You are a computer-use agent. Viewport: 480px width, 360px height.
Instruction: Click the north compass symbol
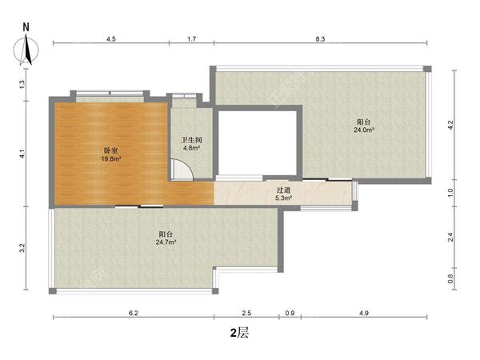point(26,50)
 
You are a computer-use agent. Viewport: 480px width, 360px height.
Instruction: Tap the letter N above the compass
point(26,27)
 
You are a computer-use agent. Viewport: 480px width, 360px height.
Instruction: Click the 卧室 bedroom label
point(111,150)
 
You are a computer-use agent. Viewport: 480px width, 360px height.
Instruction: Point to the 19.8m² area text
point(111,158)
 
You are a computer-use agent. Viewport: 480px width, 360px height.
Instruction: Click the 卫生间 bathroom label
point(192,140)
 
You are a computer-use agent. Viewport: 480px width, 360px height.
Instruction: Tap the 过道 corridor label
point(283,190)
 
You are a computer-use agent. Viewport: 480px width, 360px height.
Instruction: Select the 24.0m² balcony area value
point(364,130)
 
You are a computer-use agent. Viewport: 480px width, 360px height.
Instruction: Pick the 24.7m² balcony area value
point(166,242)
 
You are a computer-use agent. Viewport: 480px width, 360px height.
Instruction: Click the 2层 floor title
point(239,333)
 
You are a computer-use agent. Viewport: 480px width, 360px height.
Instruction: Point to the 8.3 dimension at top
point(320,39)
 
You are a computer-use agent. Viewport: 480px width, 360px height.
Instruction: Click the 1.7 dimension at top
point(192,39)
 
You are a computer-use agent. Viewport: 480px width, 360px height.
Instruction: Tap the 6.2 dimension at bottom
point(134,313)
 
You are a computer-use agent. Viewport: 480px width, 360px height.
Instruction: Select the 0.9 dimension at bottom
point(290,313)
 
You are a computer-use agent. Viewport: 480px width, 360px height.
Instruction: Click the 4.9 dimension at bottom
point(364,313)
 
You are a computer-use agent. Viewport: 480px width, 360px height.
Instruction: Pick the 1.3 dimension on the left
point(22,85)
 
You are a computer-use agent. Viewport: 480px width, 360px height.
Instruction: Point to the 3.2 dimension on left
point(22,248)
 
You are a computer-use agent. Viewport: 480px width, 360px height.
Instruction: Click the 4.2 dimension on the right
point(450,125)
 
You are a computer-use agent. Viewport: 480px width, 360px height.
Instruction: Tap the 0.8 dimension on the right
point(450,278)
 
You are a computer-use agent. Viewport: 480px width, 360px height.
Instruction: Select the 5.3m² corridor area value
point(283,198)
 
